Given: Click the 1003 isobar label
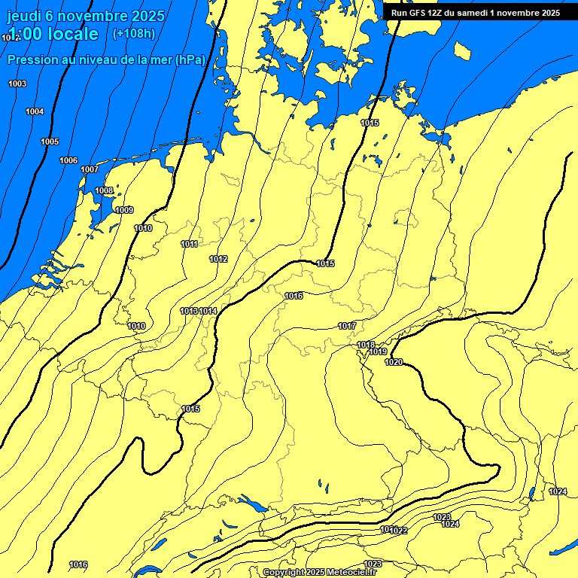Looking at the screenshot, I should [17, 84].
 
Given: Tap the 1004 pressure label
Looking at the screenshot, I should [35, 111].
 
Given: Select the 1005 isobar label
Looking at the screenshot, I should [50, 141].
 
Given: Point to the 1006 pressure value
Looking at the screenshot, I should [68, 160].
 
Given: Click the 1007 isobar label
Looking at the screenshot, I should [90, 169].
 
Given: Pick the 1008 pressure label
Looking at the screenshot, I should [104, 190].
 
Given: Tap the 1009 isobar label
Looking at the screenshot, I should [124, 210].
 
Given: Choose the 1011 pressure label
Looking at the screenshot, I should [190, 244].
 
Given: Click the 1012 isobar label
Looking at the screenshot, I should [218, 259].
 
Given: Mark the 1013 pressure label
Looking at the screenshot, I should [189, 311].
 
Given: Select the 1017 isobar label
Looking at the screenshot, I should [347, 326].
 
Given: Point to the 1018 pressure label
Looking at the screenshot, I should [366, 345].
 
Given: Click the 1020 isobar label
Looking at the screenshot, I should [394, 362].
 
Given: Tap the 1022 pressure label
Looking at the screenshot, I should [399, 531].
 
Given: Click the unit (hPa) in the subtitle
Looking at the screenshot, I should [190, 60].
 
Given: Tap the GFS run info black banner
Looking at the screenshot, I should [476, 13].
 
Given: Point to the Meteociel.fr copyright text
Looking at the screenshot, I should [319, 573].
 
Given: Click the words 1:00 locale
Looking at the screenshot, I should [53, 34].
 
